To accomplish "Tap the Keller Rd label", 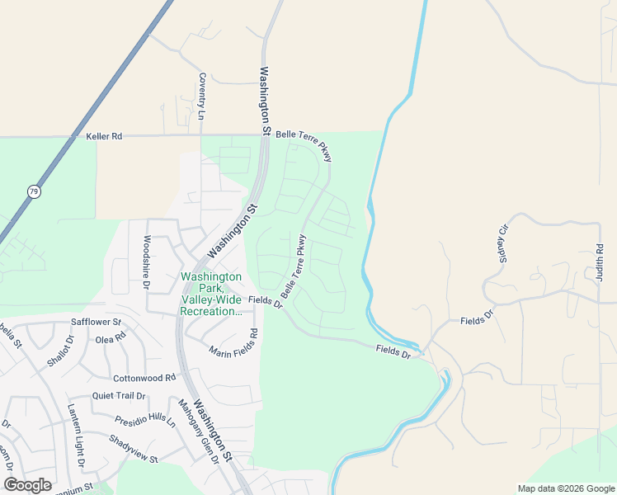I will point(104,136).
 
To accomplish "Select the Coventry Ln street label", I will point(201,97).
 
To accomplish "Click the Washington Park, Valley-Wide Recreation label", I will point(211,295).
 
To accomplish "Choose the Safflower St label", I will point(97,322).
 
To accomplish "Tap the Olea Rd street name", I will point(111,337).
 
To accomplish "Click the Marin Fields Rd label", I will point(233,344).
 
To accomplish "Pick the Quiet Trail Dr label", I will point(119,396).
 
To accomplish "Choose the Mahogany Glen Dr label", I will point(199,431).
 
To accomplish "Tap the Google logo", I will point(27,485).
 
